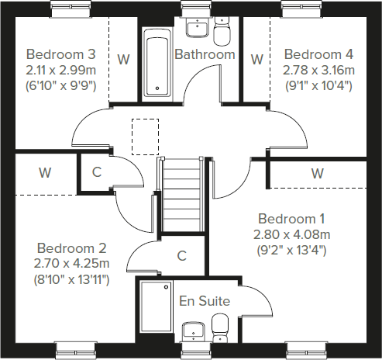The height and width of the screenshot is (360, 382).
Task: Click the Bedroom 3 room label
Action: tap(60, 54)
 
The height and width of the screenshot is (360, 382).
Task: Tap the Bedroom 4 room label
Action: tap(318, 54)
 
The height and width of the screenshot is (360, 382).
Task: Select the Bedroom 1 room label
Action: tap(292, 218)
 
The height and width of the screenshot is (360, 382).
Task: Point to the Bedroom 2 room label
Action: tap(71, 248)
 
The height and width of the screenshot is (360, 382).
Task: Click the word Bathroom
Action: tap(205, 55)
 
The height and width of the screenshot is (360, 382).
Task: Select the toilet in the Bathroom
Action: tap(222, 35)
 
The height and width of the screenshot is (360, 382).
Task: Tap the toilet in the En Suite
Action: tap(221, 327)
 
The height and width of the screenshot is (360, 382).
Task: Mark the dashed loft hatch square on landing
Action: tap(145, 136)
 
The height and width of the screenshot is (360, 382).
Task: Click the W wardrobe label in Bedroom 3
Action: tap(123, 59)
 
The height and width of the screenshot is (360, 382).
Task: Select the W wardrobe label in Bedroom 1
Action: tap(317, 174)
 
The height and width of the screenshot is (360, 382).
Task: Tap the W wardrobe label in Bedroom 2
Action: tap(45, 172)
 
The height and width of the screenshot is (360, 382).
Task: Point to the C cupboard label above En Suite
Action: tap(182, 255)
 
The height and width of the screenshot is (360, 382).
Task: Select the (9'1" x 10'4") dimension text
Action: tap(318, 85)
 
